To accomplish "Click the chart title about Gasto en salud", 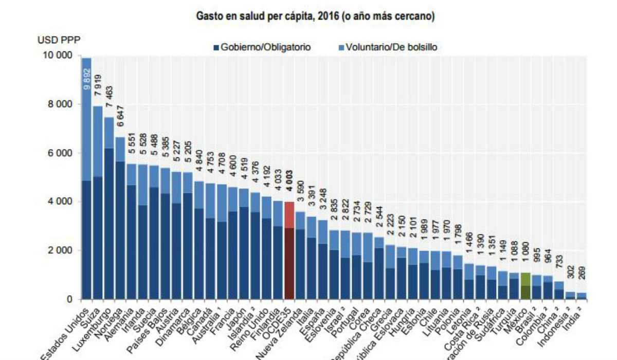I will (315, 17).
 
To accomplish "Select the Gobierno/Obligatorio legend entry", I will (262, 47).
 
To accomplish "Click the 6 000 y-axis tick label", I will (60, 153).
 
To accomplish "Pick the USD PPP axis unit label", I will (58, 40).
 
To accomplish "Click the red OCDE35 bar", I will (289, 252).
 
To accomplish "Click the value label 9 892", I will (86, 79).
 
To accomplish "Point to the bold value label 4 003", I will (289, 182).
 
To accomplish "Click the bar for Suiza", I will (98, 206).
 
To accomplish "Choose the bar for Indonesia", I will (570, 295).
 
